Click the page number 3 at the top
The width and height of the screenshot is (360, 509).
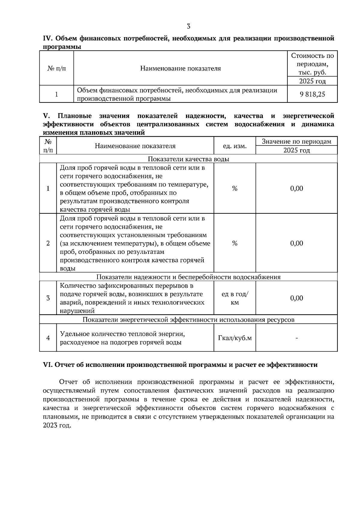(x=188, y=26)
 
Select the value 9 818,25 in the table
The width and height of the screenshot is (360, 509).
(x=312, y=94)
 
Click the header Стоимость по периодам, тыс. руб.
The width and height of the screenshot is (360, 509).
(x=312, y=64)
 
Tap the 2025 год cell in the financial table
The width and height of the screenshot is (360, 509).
(x=312, y=81)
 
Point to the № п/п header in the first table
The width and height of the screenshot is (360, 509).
(x=56, y=68)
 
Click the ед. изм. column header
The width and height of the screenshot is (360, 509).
(x=235, y=146)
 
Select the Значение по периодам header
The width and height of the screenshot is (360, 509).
(x=296, y=141)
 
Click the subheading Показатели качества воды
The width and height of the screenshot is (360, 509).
(x=188, y=159)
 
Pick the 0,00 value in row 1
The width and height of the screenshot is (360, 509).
(x=296, y=188)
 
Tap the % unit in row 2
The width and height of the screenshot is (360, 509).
(x=235, y=243)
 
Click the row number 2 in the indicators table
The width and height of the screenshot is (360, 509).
(x=48, y=243)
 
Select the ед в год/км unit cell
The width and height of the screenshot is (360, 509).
(x=235, y=298)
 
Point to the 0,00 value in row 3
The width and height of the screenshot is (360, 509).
(x=296, y=298)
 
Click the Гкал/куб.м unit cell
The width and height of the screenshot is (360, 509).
(x=235, y=338)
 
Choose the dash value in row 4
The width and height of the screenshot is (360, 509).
(x=296, y=338)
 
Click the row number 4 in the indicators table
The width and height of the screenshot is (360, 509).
(x=48, y=338)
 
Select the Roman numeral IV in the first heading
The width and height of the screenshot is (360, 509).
(x=48, y=38)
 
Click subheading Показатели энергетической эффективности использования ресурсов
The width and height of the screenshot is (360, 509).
(x=188, y=320)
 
